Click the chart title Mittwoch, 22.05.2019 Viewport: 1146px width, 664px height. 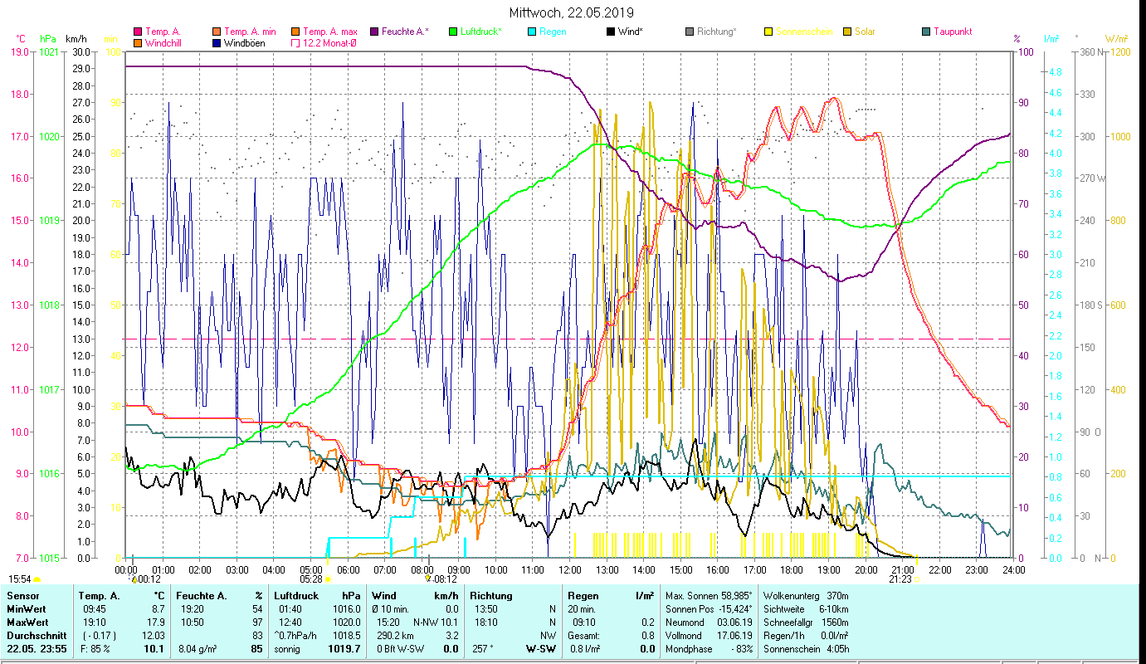coord(572,12)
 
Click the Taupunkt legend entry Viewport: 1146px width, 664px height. coord(952,32)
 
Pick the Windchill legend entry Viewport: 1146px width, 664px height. coord(166,42)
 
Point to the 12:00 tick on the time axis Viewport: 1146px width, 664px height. coord(569,569)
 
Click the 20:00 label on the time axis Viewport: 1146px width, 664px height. coord(866,569)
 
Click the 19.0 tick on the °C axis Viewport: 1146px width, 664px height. coord(20,51)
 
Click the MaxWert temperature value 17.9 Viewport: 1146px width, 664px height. coord(156,622)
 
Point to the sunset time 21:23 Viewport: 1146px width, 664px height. coord(900,579)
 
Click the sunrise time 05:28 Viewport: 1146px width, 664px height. coord(311,579)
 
